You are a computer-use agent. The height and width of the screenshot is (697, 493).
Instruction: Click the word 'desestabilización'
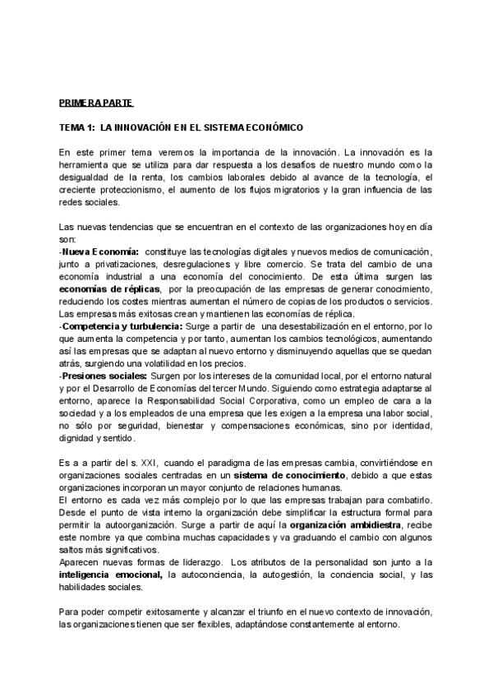click(x=317, y=326)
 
